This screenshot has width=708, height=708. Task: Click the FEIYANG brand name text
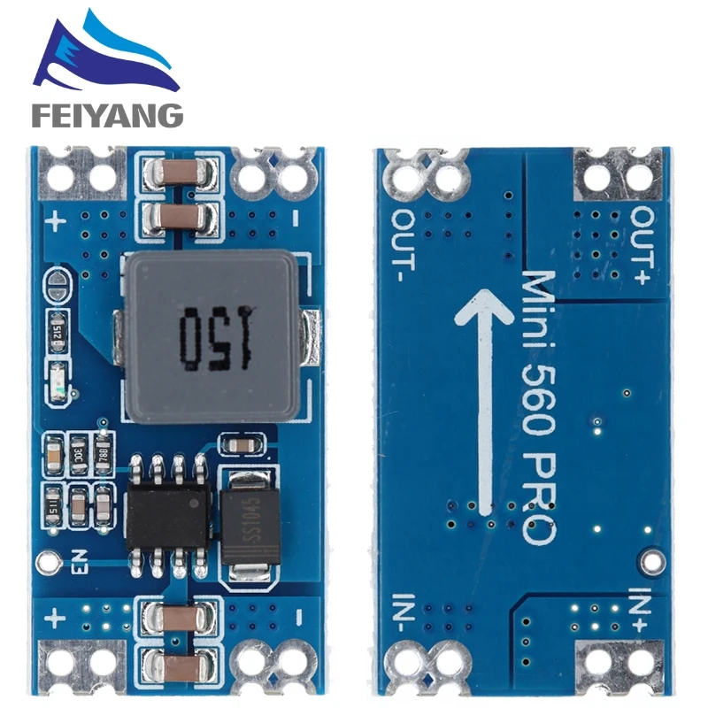[107, 114]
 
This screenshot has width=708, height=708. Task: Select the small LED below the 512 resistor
[58, 378]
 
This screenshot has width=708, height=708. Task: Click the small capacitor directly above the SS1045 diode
[240, 443]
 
